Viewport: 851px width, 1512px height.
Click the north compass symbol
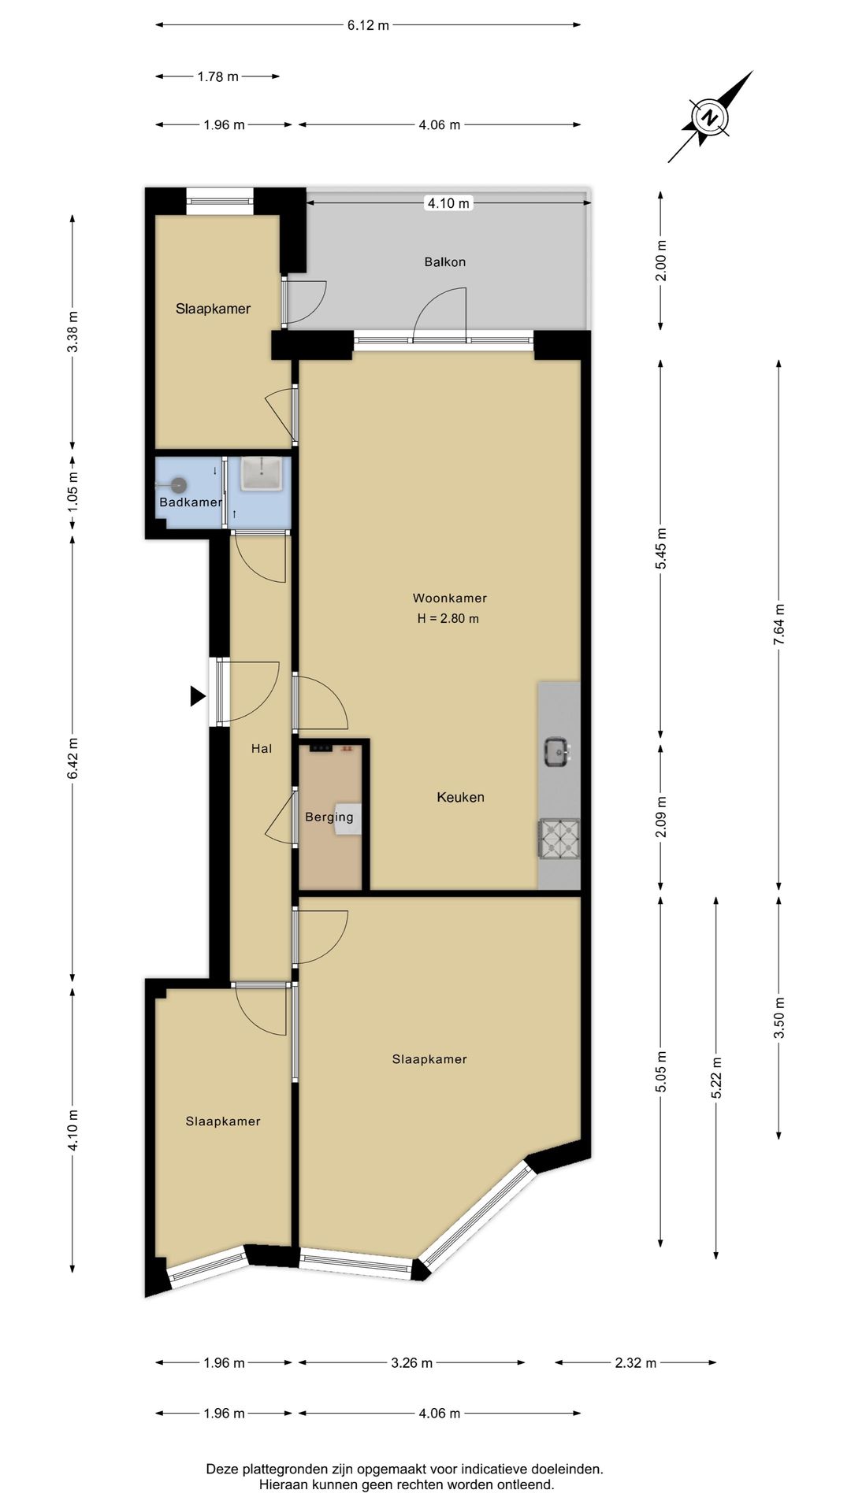point(710,118)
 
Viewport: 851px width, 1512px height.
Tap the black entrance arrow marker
point(197,696)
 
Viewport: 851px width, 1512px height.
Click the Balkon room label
point(445,261)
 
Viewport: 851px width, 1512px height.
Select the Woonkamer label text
point(449,598)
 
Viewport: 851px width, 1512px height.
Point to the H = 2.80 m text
point(448,618)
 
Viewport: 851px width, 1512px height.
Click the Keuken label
point(460,797)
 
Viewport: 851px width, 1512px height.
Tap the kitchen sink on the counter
point(558,752)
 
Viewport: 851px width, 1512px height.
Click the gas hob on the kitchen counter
point(559,839)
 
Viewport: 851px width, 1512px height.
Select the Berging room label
point(329,817)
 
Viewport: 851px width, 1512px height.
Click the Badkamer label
point(190,502)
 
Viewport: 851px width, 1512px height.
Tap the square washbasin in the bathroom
point(261,474)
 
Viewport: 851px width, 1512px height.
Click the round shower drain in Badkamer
point(180,486)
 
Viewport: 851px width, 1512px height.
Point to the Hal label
point(262,748)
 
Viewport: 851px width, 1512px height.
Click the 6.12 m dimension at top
point(368,25)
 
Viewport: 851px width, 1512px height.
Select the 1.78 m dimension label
point(217,76)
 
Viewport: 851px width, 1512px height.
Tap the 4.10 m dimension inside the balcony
point(448,203)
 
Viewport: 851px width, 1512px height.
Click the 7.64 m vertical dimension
point(779,624)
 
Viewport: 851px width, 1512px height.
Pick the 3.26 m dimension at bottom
point(411,1362)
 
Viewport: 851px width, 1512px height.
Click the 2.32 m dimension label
point(635,1362)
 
